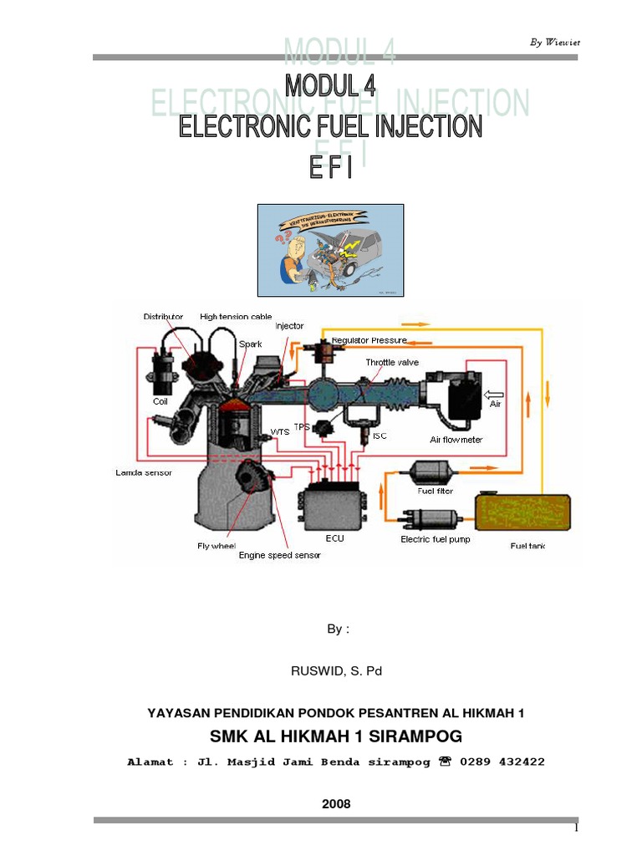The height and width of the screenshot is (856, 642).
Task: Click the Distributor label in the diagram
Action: coord(163,317)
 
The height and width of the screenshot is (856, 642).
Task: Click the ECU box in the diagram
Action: coord(334,508)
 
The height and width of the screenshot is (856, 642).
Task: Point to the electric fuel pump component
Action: coord(434,519)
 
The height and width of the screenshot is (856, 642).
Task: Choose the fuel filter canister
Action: coord(432,472)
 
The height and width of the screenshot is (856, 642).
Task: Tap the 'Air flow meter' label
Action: coord(456,440)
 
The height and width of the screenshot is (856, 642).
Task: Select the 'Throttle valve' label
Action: coord(392,362)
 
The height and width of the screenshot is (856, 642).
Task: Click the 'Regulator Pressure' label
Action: coord(369,340)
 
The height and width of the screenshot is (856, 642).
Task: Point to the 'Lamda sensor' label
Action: coord(143,472)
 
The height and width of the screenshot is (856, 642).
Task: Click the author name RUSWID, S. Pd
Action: coord(334,670)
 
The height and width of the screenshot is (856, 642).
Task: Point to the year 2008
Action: coord(335,803)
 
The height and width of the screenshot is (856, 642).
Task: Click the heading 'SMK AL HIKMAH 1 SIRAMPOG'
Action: coord(334,736)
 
